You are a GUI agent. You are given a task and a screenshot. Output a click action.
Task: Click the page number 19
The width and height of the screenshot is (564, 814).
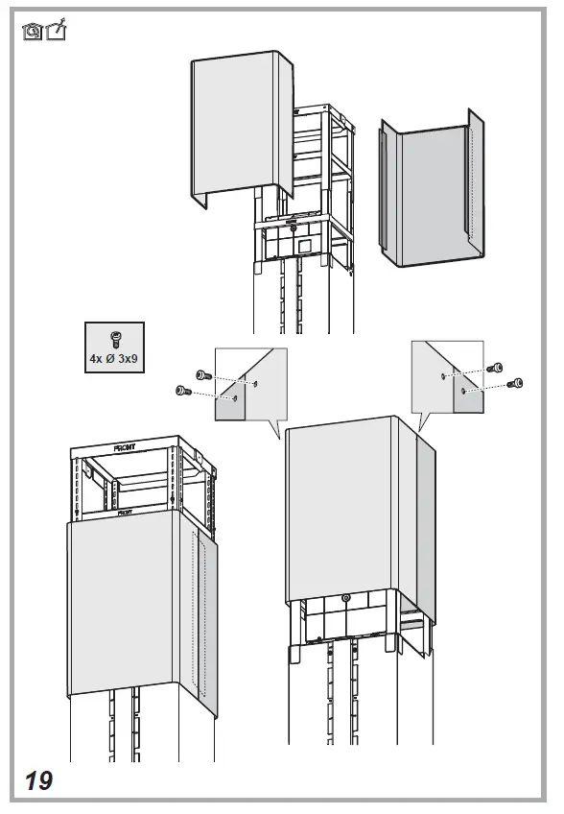point(39,780)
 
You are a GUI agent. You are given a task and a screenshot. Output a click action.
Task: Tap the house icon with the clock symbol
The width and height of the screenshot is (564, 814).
point(33,32)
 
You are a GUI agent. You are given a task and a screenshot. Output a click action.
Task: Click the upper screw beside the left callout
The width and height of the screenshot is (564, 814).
point(203,375)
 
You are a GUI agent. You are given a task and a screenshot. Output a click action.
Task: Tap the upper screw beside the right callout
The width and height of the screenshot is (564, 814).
point(495,368)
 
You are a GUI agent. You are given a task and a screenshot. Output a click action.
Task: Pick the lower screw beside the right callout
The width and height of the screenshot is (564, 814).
point(516,383)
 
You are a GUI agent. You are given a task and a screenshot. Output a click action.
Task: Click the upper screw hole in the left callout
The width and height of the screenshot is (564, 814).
point(256,383)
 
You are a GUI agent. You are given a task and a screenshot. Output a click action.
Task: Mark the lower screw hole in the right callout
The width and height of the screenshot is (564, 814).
point(463,391)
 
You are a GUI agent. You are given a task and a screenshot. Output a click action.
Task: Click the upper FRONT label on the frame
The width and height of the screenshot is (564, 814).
point(126,447)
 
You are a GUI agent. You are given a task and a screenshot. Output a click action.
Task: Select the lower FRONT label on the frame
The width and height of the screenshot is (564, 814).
point(126,514)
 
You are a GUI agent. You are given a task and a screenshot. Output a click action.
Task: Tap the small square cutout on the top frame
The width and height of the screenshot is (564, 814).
point(304,246)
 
